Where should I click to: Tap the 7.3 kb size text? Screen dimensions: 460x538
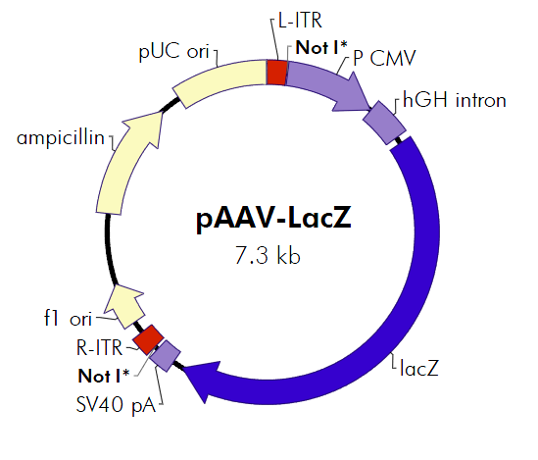(x=268, y=257)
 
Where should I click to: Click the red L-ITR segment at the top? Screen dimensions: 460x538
(x=277, y=73)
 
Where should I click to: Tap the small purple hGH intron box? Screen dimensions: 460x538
(x=385, y=122)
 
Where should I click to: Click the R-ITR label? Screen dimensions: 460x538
(x=101, y=346)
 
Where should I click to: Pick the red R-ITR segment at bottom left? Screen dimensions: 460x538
(x=149, y=339)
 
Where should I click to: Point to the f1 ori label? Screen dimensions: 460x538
(x=66, y=319)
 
